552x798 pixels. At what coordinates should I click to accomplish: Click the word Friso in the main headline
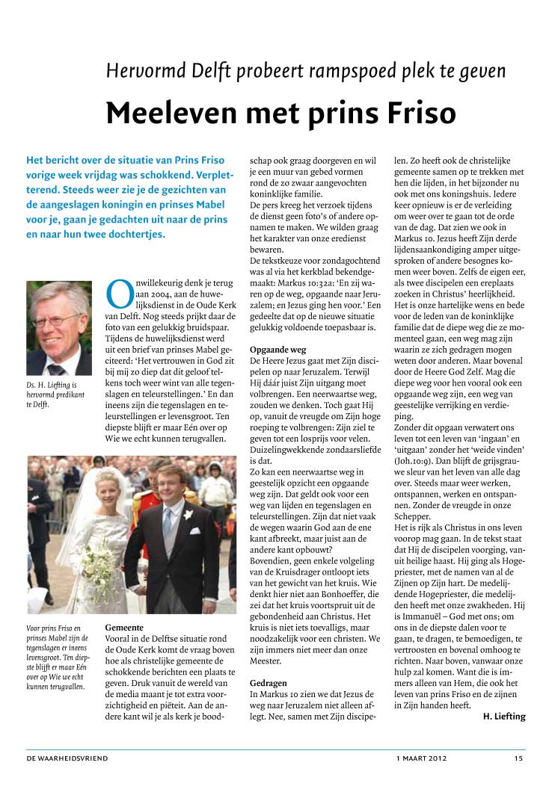413,113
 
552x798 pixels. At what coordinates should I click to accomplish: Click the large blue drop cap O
119,294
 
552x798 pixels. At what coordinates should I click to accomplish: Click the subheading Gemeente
124,628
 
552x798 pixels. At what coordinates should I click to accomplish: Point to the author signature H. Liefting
500,717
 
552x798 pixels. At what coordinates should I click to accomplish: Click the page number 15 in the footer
518,758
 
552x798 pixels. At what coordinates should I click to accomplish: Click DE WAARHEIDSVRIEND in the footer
67,758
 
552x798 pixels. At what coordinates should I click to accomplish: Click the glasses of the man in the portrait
58,319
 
